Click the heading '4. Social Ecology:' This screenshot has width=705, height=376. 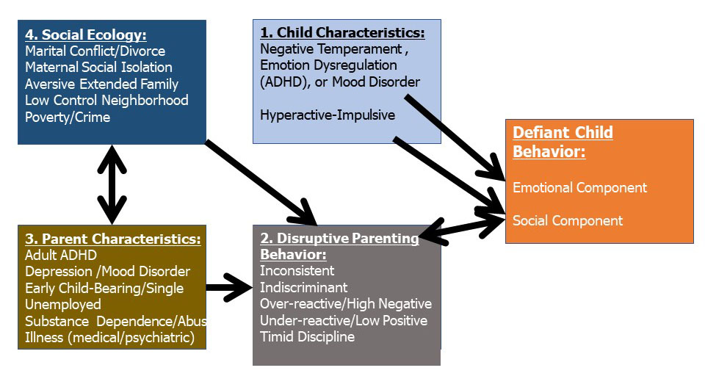[86, 35]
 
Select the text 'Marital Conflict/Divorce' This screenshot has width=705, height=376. [95, 51]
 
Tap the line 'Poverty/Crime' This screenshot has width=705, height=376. [68, 117]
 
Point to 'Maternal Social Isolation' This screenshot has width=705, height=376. [98, 68]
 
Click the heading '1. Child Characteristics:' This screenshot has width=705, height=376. [343, 33]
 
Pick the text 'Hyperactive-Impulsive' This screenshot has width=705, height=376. [328, 115]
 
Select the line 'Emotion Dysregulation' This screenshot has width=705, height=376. [328, 65]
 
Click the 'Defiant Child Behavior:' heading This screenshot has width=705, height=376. [563, 142]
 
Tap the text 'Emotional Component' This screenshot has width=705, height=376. [579, 187]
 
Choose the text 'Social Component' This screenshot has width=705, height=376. [568, 220]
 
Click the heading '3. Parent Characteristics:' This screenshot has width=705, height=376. [113, 239]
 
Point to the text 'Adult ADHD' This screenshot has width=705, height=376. [61, 255]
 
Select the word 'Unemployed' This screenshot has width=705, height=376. [63, 305]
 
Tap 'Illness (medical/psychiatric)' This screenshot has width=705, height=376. [109, 337]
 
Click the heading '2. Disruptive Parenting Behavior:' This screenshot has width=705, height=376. [339, 246]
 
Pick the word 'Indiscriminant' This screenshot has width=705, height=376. [303, 287]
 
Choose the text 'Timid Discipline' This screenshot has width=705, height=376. [307, 336]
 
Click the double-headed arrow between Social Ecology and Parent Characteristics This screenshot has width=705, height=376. [112, 184]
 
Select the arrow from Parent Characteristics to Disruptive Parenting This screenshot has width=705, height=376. [229, 287]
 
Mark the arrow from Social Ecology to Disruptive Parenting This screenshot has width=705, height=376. [261, 183]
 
